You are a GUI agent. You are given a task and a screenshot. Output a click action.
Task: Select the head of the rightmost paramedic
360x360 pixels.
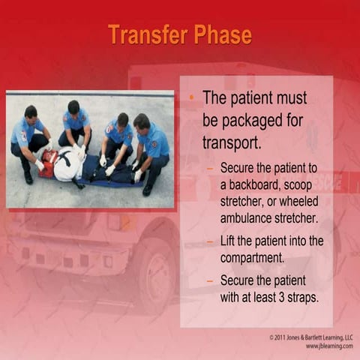[x=141, y=121]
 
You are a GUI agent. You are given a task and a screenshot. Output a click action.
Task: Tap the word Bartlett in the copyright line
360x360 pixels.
[x=310, y=337]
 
